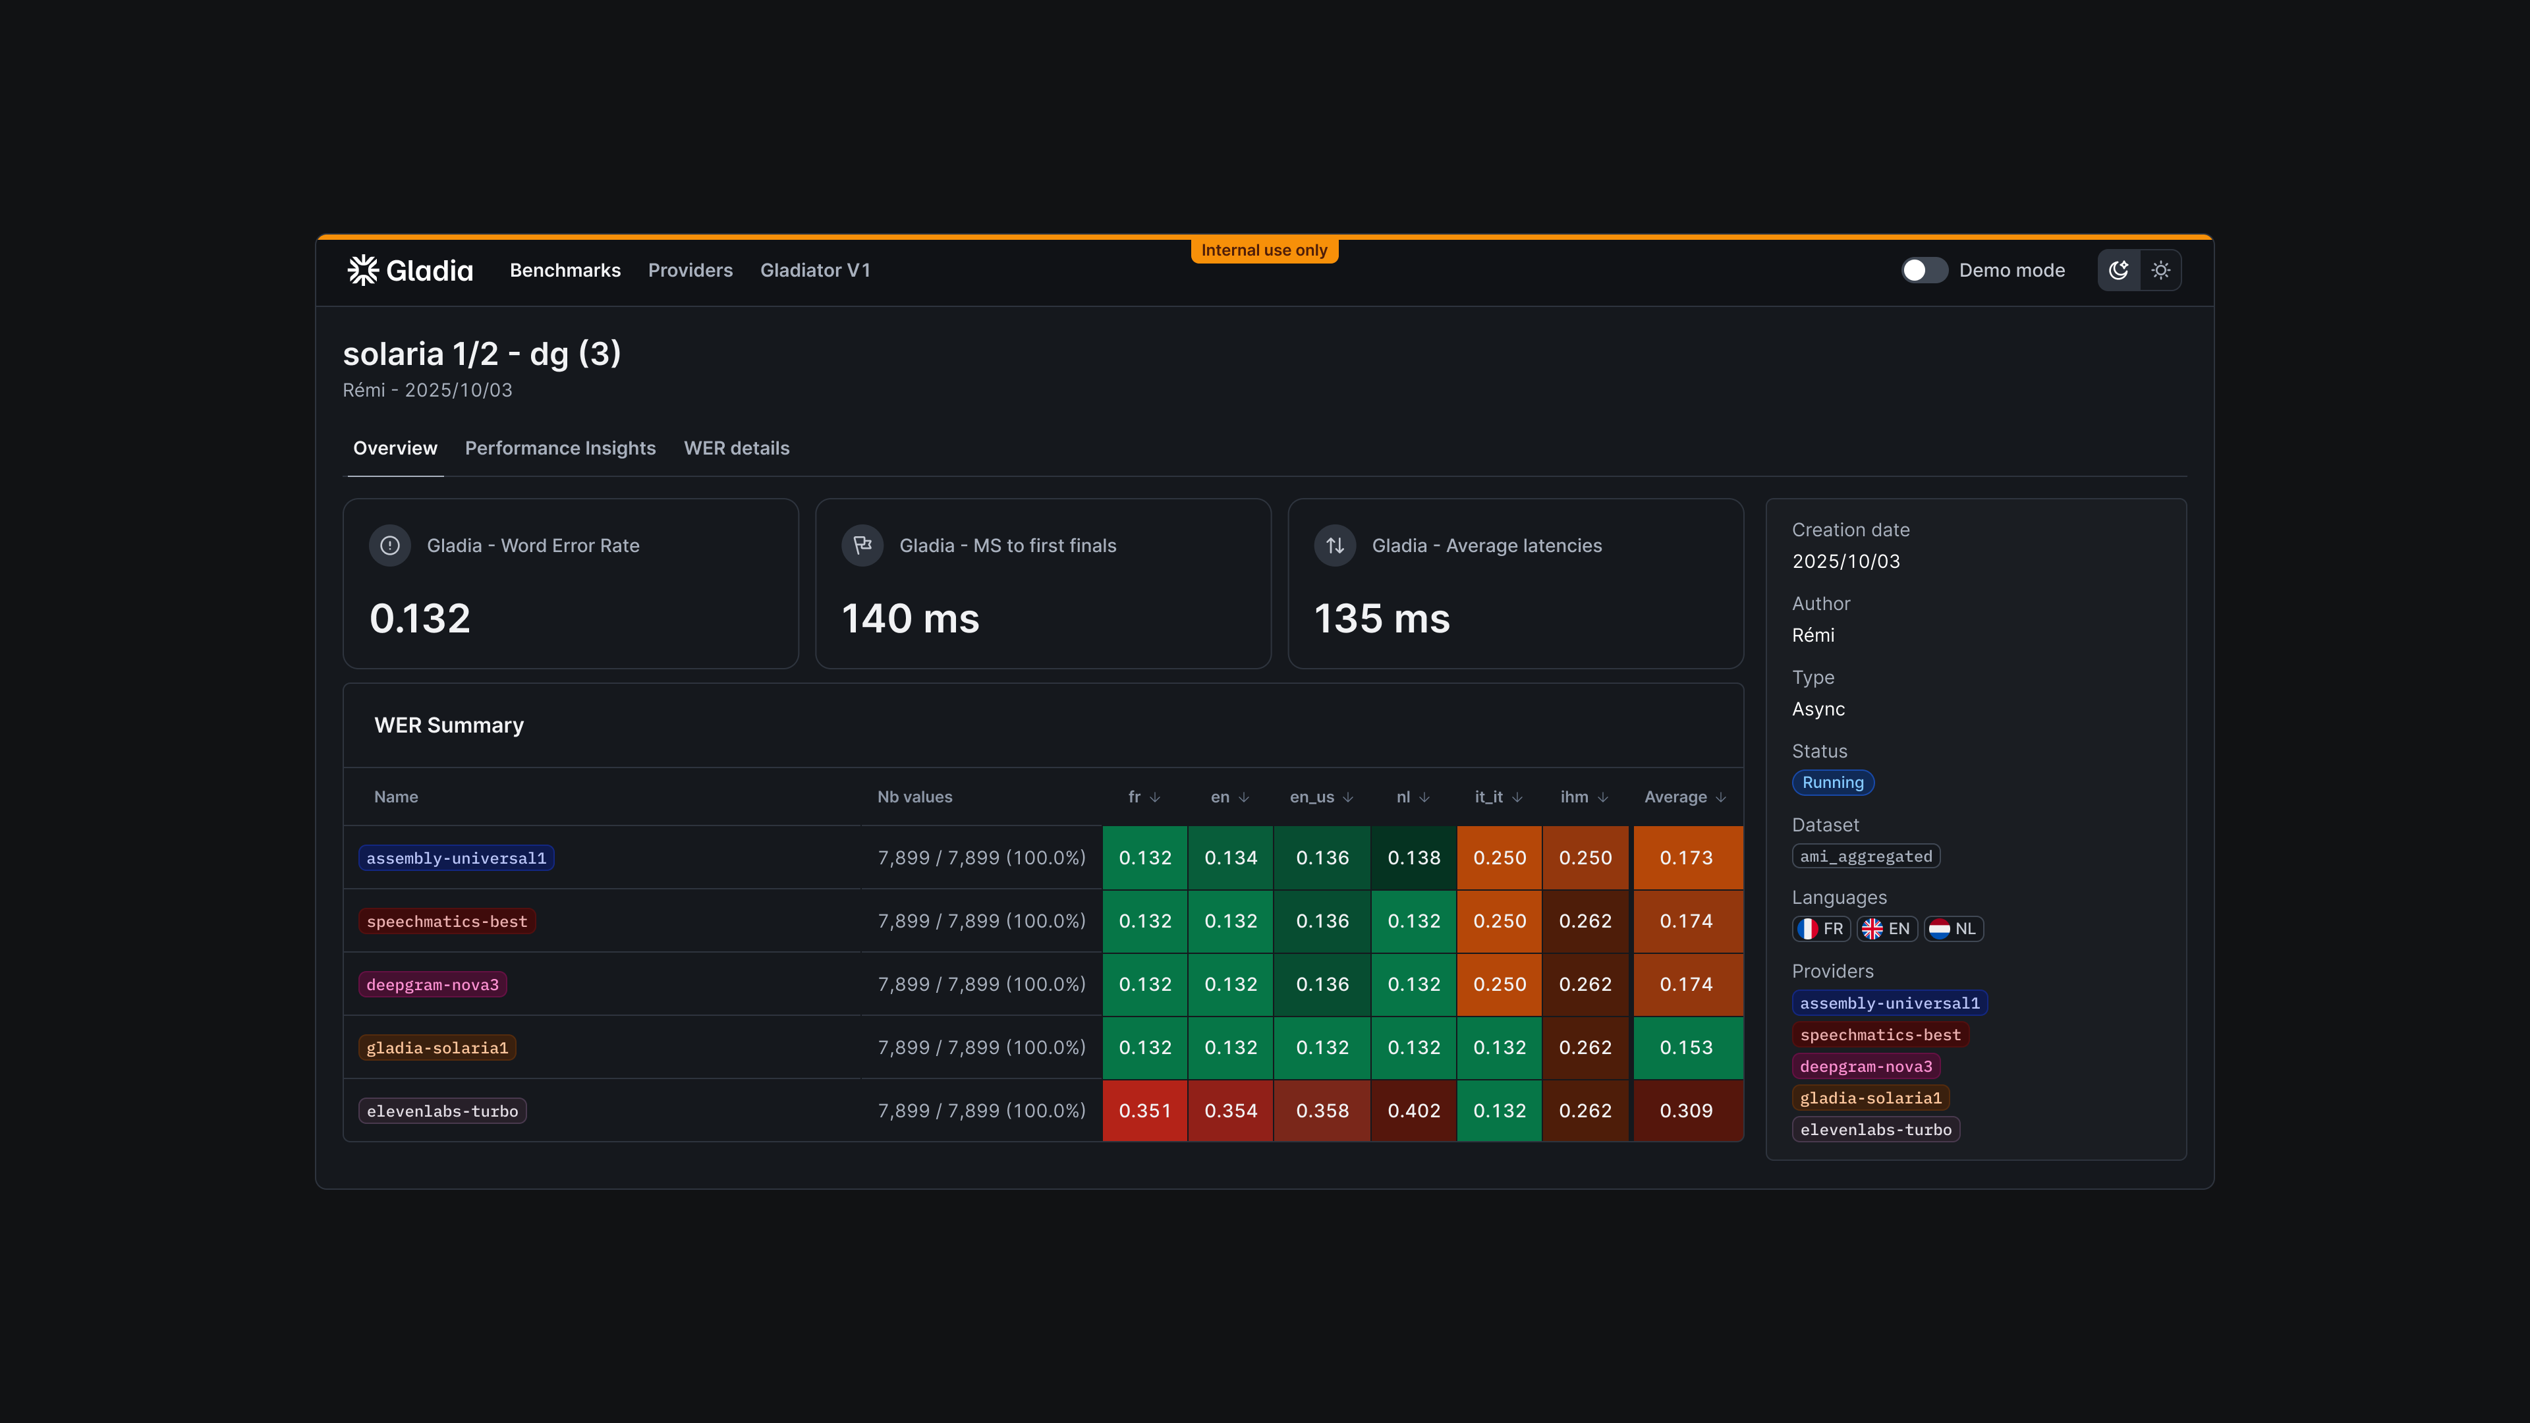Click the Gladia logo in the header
pos(410,270)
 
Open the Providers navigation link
pos(689,270)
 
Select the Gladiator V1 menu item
pos(814,270)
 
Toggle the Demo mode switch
pos(1923,270)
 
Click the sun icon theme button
pos(2161,270)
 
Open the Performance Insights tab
pos(560,448)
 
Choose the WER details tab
pos(737,448)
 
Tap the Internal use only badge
pos(1264,250)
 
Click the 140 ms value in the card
pos(911,619)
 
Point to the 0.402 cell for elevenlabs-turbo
pos(1413,1111)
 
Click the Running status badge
pos(1833,783)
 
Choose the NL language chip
pos(1954,929)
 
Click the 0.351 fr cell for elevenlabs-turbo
pos(1144,1111)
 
